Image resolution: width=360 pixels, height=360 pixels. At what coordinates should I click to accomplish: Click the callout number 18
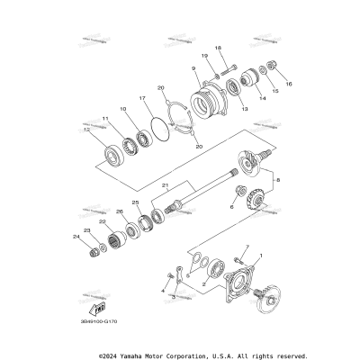pyautogui.click(x=217, y=47)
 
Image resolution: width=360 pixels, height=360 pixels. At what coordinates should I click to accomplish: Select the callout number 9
pyautogui.click(x=193, y=68)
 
